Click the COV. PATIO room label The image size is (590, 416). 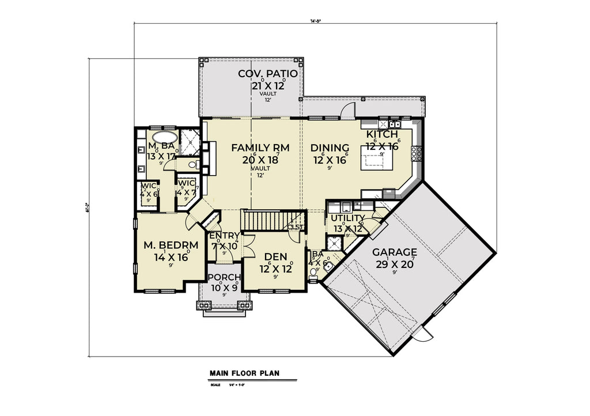(268, 74)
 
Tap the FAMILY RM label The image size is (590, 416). (260, 148)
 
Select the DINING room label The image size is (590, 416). (330, 148)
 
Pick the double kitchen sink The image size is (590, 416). (395, 123)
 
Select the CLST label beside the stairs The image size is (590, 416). (296, 227)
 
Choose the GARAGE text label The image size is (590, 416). (394, 252)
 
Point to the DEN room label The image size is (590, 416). (275, 256)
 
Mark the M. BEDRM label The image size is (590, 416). (171, 245)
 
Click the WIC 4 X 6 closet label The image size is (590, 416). (148, 190)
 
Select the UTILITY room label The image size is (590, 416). (347, 218)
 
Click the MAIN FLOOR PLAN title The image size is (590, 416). (244, 373)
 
